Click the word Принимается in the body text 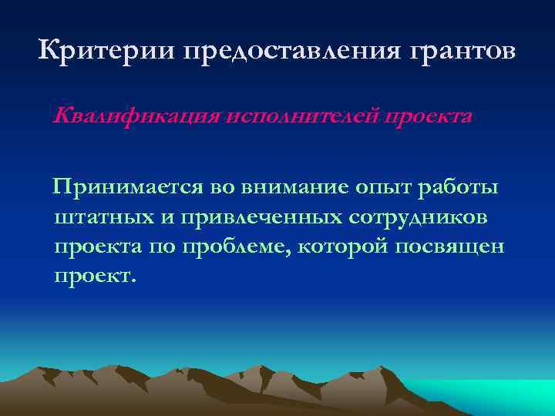(x=128, y=188)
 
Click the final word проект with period (x=94, y=276)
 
